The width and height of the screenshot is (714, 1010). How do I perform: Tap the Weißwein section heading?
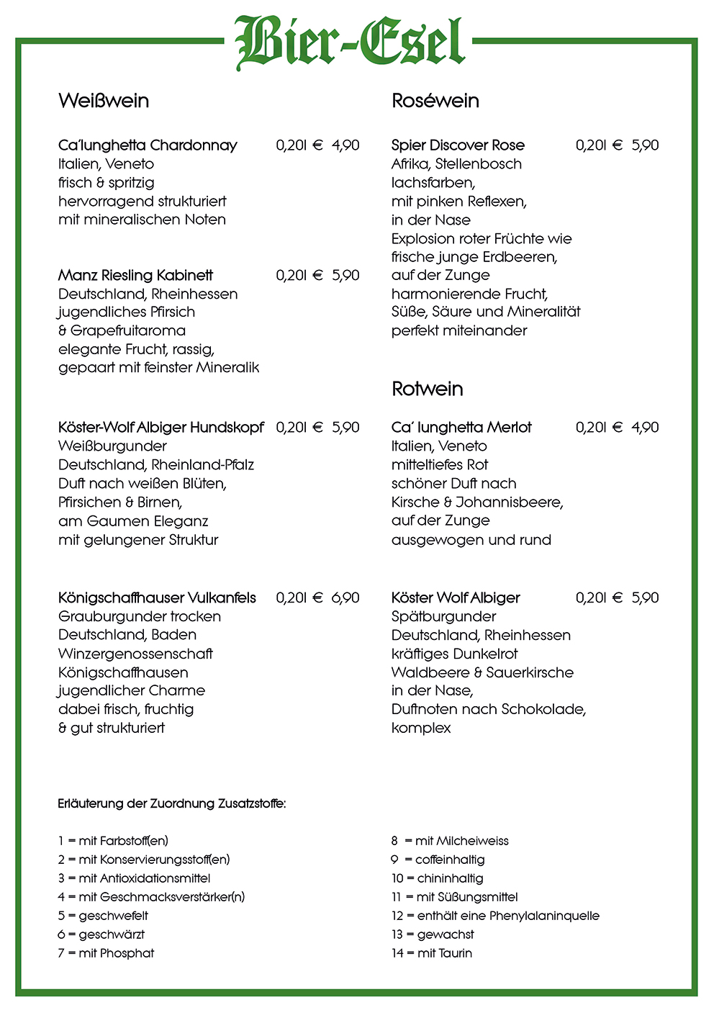104,101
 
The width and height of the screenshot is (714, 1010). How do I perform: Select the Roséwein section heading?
435,101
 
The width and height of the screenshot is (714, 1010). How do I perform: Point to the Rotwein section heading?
427,389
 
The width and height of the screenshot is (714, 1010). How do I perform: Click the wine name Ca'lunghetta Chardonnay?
148,145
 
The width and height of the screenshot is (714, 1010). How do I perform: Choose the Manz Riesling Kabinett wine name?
135,275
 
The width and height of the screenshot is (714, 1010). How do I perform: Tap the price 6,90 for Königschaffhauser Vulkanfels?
345,598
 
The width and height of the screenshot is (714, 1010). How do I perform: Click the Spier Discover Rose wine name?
458,145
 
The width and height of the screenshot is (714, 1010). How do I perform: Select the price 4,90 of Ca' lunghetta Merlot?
645,428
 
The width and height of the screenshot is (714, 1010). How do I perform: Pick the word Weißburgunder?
112,446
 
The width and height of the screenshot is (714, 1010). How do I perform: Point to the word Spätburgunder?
443,616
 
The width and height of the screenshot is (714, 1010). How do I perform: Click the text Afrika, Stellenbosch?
456,164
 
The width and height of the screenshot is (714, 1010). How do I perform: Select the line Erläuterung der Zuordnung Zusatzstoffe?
171,803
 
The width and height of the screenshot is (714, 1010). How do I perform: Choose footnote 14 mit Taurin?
432,953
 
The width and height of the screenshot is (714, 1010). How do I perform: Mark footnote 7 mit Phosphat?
106,953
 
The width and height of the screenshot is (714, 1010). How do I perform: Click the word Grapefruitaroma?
127,331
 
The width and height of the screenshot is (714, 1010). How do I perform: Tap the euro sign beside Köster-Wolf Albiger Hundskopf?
317,428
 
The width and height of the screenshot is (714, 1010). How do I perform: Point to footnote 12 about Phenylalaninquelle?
495,916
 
